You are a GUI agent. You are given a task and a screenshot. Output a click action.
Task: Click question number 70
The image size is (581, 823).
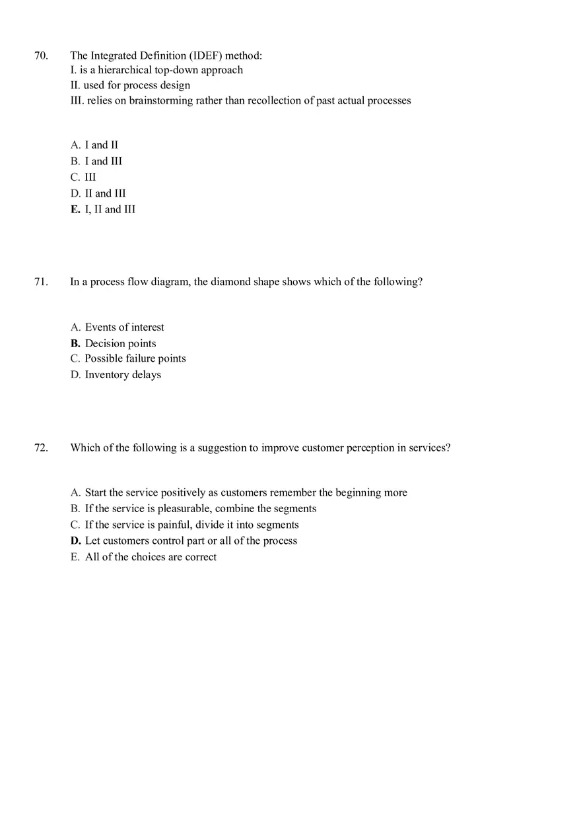click(x=41, y=55)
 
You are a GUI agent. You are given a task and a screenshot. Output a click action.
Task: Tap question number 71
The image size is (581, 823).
click(x=41, y=282)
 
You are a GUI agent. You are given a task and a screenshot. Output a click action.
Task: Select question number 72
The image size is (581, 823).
click(x=41, y=447)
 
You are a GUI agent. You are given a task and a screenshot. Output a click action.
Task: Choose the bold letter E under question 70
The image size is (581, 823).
click(x=75, y=209)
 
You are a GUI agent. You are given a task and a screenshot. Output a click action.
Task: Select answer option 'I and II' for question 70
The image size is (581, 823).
click(x=101, y=145)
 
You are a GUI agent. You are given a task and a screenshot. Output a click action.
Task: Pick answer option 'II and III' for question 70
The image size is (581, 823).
click(x=105, y=193)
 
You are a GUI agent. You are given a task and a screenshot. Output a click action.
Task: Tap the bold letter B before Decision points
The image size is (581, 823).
click(x=75, y=343)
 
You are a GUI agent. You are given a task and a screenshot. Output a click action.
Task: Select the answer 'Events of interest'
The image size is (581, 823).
click(x=124, y=327)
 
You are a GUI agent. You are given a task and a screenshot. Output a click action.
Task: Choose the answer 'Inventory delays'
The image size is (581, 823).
click(x=123, y=375)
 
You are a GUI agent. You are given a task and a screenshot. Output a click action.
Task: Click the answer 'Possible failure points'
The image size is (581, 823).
click(x=135, y=358)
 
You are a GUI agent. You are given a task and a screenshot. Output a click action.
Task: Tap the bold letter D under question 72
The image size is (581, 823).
click(x=75, y=541)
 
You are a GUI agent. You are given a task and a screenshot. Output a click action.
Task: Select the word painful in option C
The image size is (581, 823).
click(x=174, y=525)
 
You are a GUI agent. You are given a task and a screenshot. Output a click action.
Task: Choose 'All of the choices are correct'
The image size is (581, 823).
click(x=151, y=557)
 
